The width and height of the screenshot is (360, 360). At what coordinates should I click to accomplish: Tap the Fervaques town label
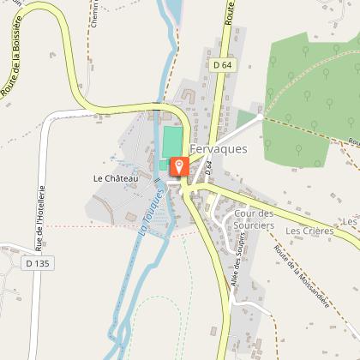point(219,148)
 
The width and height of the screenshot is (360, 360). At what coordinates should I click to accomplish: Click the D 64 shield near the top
point(220,65)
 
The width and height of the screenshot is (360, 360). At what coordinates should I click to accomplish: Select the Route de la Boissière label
point(11,60)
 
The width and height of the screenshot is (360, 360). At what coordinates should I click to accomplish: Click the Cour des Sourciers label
point(253,219)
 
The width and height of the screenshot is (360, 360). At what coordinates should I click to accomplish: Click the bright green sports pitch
point(172,141)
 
